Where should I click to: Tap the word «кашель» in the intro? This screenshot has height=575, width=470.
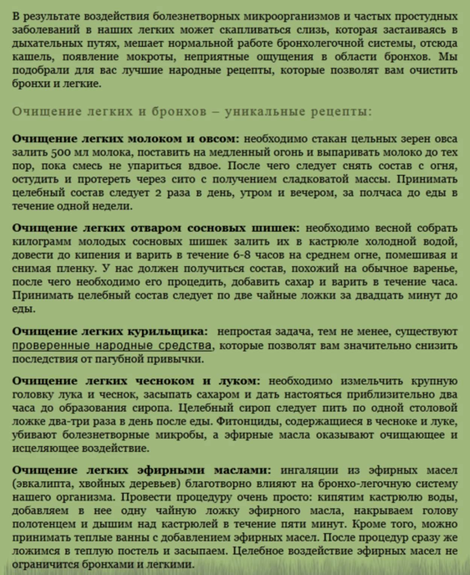coord(33,57)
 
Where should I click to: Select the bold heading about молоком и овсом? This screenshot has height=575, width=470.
coord(126,139)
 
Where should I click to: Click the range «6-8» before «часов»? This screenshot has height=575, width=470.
coord(242,255)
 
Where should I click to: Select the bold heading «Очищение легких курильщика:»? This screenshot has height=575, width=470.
coord(110,331)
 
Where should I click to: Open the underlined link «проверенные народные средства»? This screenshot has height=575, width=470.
coord(112,345)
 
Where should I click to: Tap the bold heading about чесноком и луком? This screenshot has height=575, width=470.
coord(136,381)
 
